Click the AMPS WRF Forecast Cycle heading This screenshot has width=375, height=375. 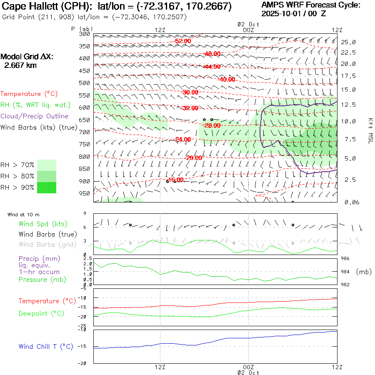pyautogui.click(x=310, y=5)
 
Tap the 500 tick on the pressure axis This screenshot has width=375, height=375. pyautogui.click(x=85, y=83)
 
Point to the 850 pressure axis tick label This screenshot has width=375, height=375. pyautogui.click(x=85, y=169)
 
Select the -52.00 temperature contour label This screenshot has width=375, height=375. pyautogui.click(x=183, y=41)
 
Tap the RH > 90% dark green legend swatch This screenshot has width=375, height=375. pyautogui.click(x=47, y=187)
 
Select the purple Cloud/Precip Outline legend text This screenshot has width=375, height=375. pyautogui.click(x=35, y=116)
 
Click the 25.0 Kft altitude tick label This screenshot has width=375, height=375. pyautogui.click(x=348, y=42)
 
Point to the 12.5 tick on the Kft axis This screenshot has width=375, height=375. pyautogui.click(x=348, y=105)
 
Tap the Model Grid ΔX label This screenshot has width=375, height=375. pyautogui.click(x=27, y=57)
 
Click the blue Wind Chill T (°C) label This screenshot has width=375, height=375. pyautogui.click(x=46, y=346)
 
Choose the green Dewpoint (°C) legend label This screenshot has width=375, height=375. pyautogui.click(x=41, y=313)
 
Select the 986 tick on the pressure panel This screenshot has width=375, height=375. pyautogui.click(x=345, y=259)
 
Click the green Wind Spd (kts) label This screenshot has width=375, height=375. pyautogui.click(x=42, y=224)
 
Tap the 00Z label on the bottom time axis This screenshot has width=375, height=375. pyautogui.click(x=248, y=367)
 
